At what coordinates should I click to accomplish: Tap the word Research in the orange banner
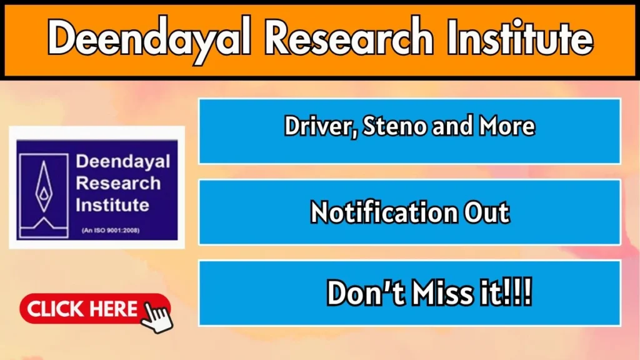[349, 37]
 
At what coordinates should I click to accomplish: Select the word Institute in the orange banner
[519, 36]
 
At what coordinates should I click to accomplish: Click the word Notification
[384, 212]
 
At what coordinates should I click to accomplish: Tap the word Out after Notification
[487, 212]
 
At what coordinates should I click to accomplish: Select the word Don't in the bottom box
[361, 292]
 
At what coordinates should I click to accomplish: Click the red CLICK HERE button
[95, 309]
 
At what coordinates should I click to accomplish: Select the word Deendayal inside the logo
[123, 161]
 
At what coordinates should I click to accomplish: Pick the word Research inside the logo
[118, 183]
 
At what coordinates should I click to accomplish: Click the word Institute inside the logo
[112, 205]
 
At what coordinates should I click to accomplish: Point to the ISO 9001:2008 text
[111, 231]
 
